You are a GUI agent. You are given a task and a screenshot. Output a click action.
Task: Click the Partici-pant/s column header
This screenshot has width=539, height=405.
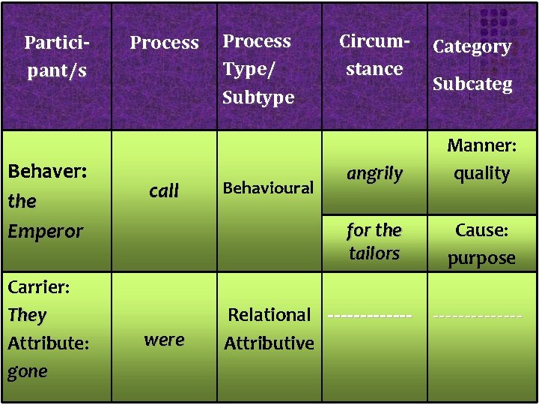pyautogui.click(x=55, y=56)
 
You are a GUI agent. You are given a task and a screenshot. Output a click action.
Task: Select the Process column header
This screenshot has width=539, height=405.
pyautogui.click(x=164, y=43)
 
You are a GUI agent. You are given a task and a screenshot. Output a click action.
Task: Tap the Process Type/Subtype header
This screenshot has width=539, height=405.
pyautogui.click(x=258, y=69)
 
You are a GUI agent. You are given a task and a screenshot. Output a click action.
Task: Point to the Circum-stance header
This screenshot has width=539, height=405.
pyautogui.click(x=374, y=55)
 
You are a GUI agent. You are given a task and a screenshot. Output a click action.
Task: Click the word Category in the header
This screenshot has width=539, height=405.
pyautogui.click(x=472, y=46)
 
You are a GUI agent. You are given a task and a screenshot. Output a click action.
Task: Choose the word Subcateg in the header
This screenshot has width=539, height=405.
pyautogui.click(x=472, y=83)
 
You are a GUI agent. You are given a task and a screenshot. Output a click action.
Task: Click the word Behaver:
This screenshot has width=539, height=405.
pyautogui.click(x=46, y=172)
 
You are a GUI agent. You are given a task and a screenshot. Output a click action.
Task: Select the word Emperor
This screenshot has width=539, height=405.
pyautogui.click(x=45, y=231)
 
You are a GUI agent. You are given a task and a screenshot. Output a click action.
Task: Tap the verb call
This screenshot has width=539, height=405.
pyautogui.click(x=164, y=191)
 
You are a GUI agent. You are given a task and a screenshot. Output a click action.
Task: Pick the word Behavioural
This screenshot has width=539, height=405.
pyautogui.click(x=269, y=187)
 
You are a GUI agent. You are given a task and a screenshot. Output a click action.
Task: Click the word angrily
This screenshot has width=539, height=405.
pyautogui.click(x=374, y=173)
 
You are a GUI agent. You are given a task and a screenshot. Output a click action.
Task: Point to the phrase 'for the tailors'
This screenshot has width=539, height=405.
pyautogui.click(x=374, y=241)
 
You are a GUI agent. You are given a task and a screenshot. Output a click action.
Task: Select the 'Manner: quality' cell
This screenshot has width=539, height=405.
pyautogui.click(x=481, y=159)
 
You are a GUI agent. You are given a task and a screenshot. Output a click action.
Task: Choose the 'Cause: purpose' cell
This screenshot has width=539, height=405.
pyautogui.click(x=481, y=244)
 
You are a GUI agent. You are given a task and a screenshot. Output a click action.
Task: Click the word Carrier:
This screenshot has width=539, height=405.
pyautogui.click(x=38, y=286)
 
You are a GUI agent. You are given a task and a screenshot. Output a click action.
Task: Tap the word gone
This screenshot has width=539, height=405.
pyautogui.click(x=28, y=371)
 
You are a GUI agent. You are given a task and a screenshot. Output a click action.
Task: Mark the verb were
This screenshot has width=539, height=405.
pyautogui.click(x=164, y=340)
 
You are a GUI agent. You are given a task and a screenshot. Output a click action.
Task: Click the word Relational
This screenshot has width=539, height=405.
pyautogui.click(x=269, y=315)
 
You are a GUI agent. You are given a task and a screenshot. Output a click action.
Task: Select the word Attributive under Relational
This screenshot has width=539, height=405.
pyautogui.click(x=269, y=343)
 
